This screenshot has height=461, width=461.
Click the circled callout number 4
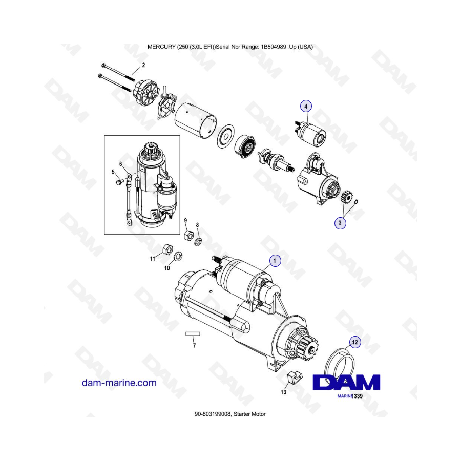[x=306, y=106]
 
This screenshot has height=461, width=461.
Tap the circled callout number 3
[x=340, y=223]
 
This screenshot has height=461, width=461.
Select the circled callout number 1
[x=275, y=261]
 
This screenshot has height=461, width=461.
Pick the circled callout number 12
[x=355, y=342]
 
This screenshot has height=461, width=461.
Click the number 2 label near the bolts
[x=143, y=65]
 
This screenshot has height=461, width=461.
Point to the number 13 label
[x=283, y=392]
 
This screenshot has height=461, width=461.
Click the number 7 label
[x=194, y=346]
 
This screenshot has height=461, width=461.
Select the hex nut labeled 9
[x=188, y=235]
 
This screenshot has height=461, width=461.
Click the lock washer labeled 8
[x=198, y=242]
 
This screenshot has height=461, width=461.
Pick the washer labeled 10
[x=178, y=256]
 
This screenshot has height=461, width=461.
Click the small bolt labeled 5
[x=118, y=183]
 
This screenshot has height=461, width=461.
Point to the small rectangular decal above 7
[x=193, y=333]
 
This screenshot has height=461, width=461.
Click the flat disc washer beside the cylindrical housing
[x=225, y=136]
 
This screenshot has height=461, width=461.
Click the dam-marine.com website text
[x=119, y=383]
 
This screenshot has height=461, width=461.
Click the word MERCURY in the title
[x=161, y=47]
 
